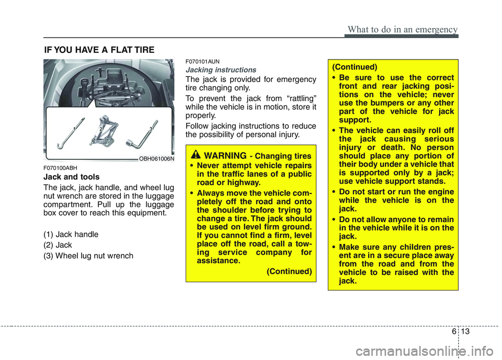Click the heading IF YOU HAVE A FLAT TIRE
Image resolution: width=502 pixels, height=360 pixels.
(99, 50)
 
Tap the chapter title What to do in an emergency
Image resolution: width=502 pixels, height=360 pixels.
(401, 29)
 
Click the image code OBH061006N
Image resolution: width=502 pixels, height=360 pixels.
(157, 158)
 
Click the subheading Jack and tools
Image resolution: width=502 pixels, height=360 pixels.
(68, 177)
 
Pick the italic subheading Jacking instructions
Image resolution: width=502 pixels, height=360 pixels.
(221, 70)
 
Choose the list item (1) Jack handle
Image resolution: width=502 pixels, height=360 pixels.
(71, 235)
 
